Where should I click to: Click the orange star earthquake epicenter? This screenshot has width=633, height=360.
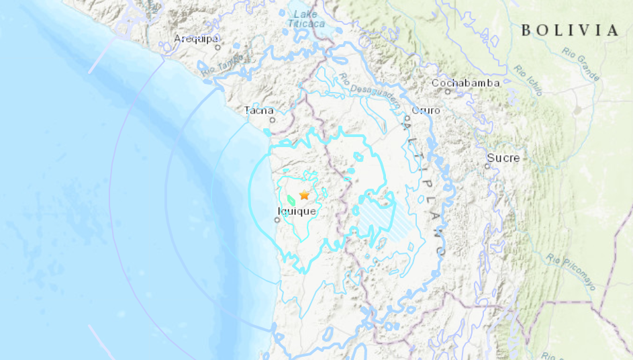(x=304, y=195)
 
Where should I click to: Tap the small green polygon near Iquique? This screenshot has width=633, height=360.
(x=291, y=199)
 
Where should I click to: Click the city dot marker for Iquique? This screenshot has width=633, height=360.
(x=277, y=219)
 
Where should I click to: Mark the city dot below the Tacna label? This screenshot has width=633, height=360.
(x=272, y=120)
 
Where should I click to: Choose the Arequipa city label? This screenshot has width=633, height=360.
(x=196, y=39)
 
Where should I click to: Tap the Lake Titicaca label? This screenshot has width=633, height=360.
(x=306, y=19)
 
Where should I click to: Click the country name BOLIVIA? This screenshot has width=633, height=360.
(x=569, y=30)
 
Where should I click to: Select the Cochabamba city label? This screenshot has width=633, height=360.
(x=465, y=83)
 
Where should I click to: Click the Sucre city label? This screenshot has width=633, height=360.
(x=503, y=158)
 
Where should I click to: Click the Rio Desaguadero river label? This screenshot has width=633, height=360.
(x=369, y=91)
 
